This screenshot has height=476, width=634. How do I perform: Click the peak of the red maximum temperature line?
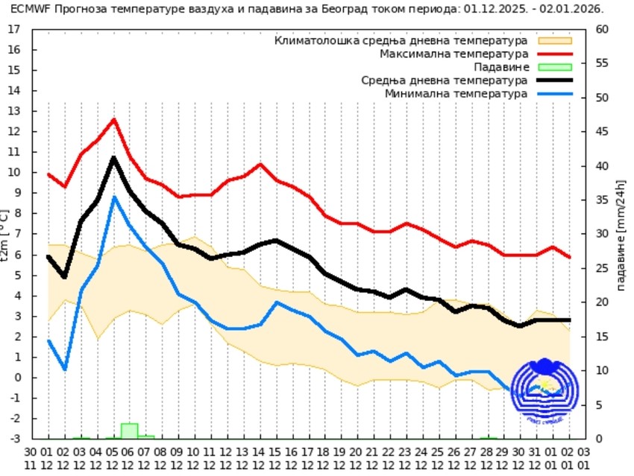click(x=114, y=119)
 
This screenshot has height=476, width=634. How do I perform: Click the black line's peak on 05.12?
click(x=114, y=158)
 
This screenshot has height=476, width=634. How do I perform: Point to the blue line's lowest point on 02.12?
click(x=65, y=369)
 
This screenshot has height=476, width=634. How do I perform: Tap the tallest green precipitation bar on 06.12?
click(x=130, y=431)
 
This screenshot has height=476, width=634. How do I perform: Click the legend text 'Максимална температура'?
click(x=454, y=54)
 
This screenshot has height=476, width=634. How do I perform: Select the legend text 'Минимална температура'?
click(x=456, y=94)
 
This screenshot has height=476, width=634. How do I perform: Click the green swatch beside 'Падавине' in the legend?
click(x=554, y=67)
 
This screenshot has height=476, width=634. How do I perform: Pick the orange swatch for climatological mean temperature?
click(x=554, y=40)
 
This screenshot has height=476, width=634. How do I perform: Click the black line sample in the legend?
click(x=554, y=80)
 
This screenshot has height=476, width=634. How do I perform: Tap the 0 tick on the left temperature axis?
click(x=17, y=378)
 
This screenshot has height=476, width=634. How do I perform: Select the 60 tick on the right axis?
click(x=602, y=29)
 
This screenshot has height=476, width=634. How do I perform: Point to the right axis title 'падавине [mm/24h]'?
click(x=621, y=234)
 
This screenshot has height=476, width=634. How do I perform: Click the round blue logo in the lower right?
click(x=544, y=393)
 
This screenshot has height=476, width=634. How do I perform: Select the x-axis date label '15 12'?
click(x=276, y=457)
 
